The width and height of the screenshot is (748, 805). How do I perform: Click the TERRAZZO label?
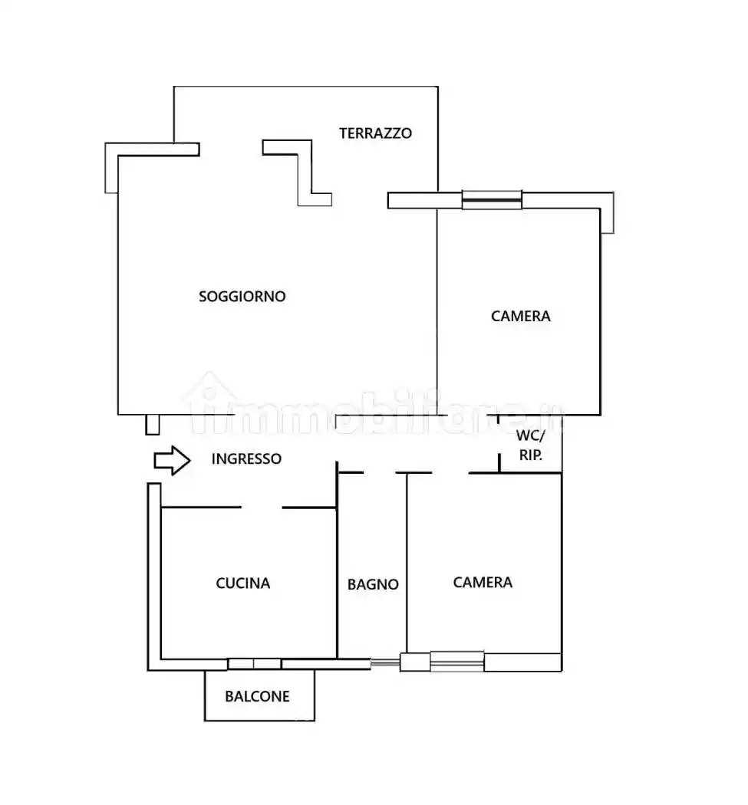375,133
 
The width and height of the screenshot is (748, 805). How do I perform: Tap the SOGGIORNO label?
242,296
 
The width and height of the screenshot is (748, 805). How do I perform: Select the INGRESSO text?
246,458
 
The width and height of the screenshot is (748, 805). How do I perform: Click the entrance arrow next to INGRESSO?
172,461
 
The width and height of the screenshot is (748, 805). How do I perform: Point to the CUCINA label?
243,583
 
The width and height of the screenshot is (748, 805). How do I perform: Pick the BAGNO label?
373,584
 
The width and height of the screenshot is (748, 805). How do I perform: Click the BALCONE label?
257,696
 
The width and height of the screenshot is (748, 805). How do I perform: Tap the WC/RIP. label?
530,445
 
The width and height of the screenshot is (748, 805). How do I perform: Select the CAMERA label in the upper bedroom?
521,316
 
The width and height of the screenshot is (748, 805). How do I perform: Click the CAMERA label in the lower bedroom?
483,582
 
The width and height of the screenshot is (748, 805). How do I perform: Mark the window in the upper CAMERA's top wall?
492,199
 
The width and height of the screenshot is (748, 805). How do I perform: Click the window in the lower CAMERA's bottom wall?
457,661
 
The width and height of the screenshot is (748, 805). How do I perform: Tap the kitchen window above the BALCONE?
254,664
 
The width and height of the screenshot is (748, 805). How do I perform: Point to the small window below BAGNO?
385,663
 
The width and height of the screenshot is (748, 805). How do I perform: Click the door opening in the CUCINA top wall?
262,508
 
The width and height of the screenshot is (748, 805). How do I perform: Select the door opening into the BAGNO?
379,472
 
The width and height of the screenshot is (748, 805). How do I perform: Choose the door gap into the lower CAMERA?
450,472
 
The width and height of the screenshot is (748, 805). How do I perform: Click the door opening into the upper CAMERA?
467,415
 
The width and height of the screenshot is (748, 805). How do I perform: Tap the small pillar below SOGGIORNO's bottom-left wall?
152,425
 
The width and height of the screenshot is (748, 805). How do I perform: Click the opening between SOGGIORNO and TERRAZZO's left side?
231,149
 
